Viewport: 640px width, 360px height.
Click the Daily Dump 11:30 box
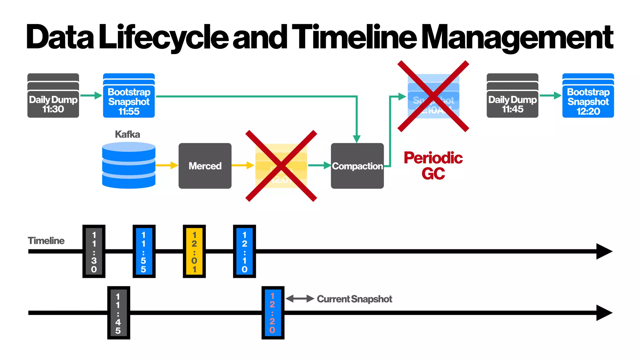(53, 96)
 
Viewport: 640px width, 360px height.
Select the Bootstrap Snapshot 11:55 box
(129, 96)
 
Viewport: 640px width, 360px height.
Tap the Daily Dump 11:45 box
(512, 96)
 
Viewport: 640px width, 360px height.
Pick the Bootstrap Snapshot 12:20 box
(588, 96)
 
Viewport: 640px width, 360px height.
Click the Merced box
(205, 166)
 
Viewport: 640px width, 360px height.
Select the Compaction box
(357, 166)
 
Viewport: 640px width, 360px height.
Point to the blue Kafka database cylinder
(129, 165)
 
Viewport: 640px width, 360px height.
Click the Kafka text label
(127, 134)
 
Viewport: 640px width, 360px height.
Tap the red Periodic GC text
(433, 166)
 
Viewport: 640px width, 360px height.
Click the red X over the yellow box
(281, 166)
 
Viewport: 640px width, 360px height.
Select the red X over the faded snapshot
(433, 96)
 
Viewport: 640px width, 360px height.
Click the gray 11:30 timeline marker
(94, 251)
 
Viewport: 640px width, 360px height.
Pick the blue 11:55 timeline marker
(144, 251)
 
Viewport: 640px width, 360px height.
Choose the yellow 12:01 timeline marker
(194, 251)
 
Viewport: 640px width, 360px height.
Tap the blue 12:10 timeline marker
(244, 251)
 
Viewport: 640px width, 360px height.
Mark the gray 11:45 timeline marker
(118, 313)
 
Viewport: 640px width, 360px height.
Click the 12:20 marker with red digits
(273, 313)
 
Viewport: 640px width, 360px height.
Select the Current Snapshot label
(354, 299)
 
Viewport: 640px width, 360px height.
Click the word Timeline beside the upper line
(46, 241)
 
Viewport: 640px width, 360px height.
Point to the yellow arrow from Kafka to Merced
(167, 165)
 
